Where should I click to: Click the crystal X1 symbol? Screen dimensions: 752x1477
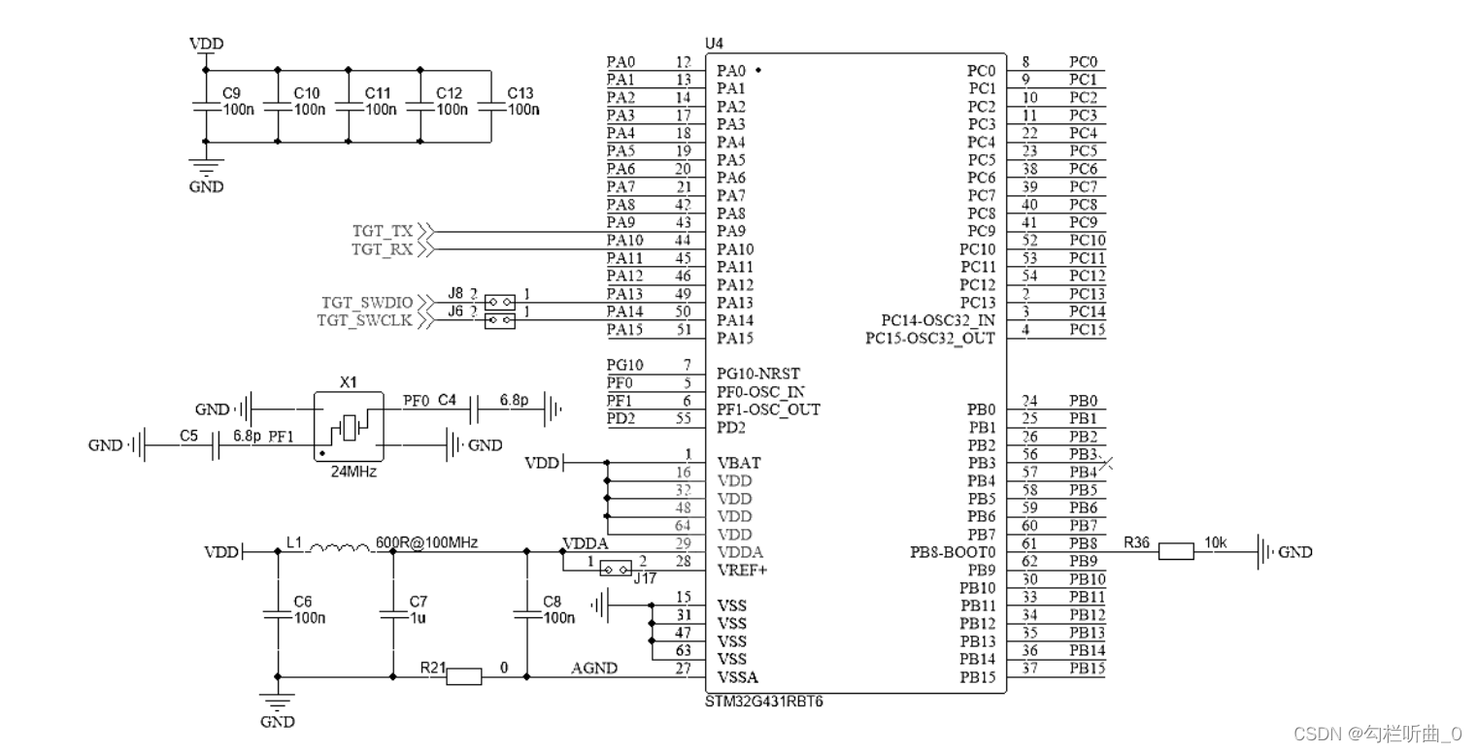tap(348, 427)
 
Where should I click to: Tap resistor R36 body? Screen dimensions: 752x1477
tap(1175, 552)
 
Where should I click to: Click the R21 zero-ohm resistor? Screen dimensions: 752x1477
tap(463, 676)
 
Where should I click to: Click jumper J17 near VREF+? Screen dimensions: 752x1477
tap(616, 568)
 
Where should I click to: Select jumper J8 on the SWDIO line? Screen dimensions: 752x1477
tap(499, 302)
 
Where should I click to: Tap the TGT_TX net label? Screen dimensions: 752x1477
tap(383, 232)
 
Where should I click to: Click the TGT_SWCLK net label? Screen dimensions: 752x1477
tap(365, 320)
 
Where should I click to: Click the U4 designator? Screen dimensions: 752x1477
tap(714, 45)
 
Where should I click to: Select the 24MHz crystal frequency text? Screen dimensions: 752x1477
tap(348, 473)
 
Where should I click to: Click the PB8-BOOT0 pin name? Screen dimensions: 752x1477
tap(953, 552)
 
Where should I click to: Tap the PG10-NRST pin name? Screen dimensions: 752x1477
tap(758, 374)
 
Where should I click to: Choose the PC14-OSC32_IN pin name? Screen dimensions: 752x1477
tap(938, 320)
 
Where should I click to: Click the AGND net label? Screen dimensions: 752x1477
tap(594, 669)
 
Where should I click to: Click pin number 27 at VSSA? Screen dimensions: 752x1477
tap(684, 669)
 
